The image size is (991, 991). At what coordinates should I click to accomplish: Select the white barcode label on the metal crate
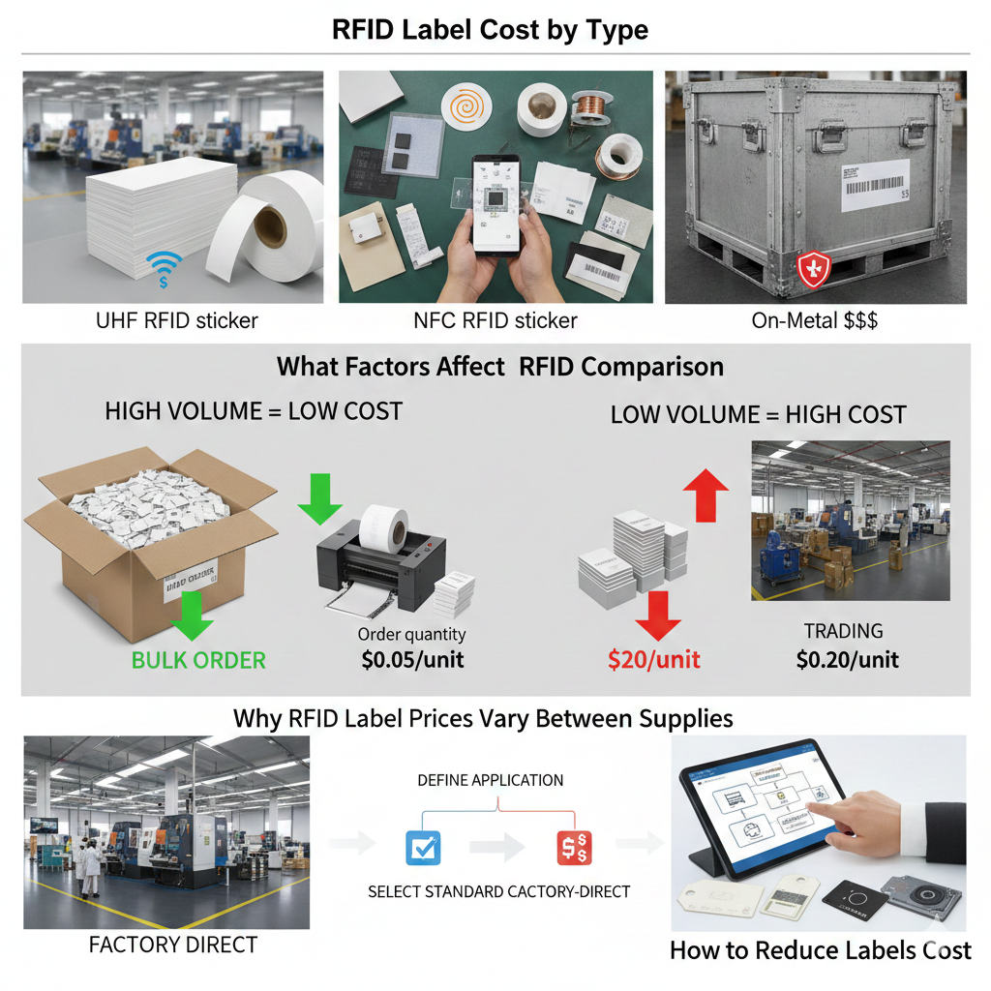876,184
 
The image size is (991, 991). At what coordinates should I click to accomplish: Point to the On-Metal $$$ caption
815,320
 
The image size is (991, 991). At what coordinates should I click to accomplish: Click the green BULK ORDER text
198,661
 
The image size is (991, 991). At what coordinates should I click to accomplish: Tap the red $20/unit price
654,660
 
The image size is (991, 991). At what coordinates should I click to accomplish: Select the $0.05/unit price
411,660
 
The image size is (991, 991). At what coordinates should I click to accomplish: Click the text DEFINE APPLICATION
490,780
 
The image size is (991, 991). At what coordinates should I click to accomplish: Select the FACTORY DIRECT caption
173,945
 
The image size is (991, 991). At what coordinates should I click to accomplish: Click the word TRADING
843,631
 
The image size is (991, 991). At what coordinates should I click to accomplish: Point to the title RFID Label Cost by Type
490,29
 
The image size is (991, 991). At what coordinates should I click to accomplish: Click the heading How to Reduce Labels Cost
820,950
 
